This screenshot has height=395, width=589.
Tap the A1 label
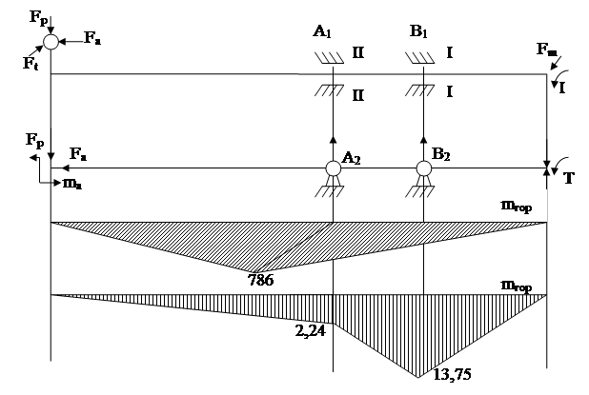click(324, 30)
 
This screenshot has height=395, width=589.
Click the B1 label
click(417, 30)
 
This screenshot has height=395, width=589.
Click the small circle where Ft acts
click(50, 42)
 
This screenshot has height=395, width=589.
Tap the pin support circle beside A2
click(333, 169)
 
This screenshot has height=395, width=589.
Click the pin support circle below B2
click(422, 169)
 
